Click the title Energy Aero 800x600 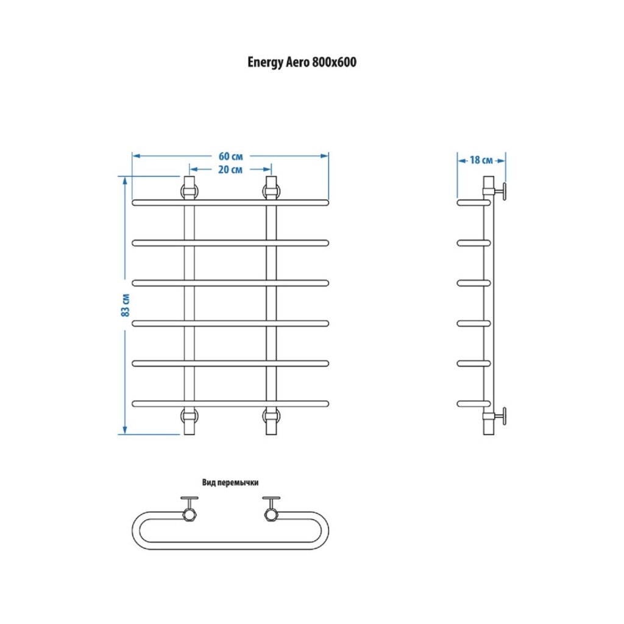302,62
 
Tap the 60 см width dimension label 230,156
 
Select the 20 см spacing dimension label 230,169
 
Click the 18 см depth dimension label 481,160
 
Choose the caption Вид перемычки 230,482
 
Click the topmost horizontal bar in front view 230,202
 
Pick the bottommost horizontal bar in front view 230,403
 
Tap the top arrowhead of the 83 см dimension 125,180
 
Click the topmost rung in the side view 473,202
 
